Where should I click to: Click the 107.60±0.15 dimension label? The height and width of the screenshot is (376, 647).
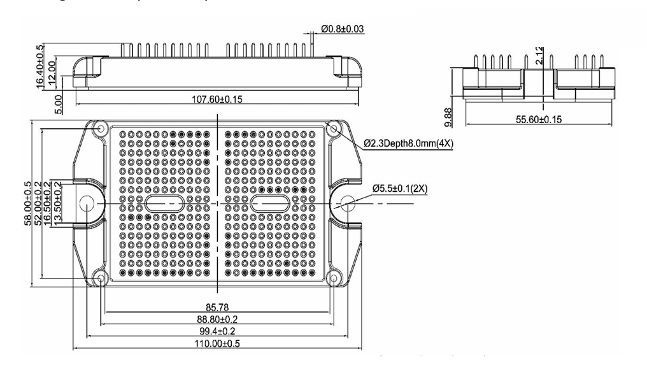(x=216, y=98)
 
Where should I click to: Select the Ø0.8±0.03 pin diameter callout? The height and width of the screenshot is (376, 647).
(x=343, y=29)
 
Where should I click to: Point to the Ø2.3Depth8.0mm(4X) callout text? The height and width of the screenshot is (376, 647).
(x=409, y=144)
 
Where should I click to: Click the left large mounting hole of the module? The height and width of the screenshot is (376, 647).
(x=86, y=204)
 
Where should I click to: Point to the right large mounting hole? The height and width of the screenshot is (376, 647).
(x=348, y=204)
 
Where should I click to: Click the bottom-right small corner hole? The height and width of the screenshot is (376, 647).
(x=333, y=278)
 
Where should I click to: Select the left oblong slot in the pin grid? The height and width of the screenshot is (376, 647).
(x=165, y=204)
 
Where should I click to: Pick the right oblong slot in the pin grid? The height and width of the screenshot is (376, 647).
(x=270, y=204)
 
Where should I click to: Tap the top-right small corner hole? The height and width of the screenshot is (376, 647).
(x=333, y=129)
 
